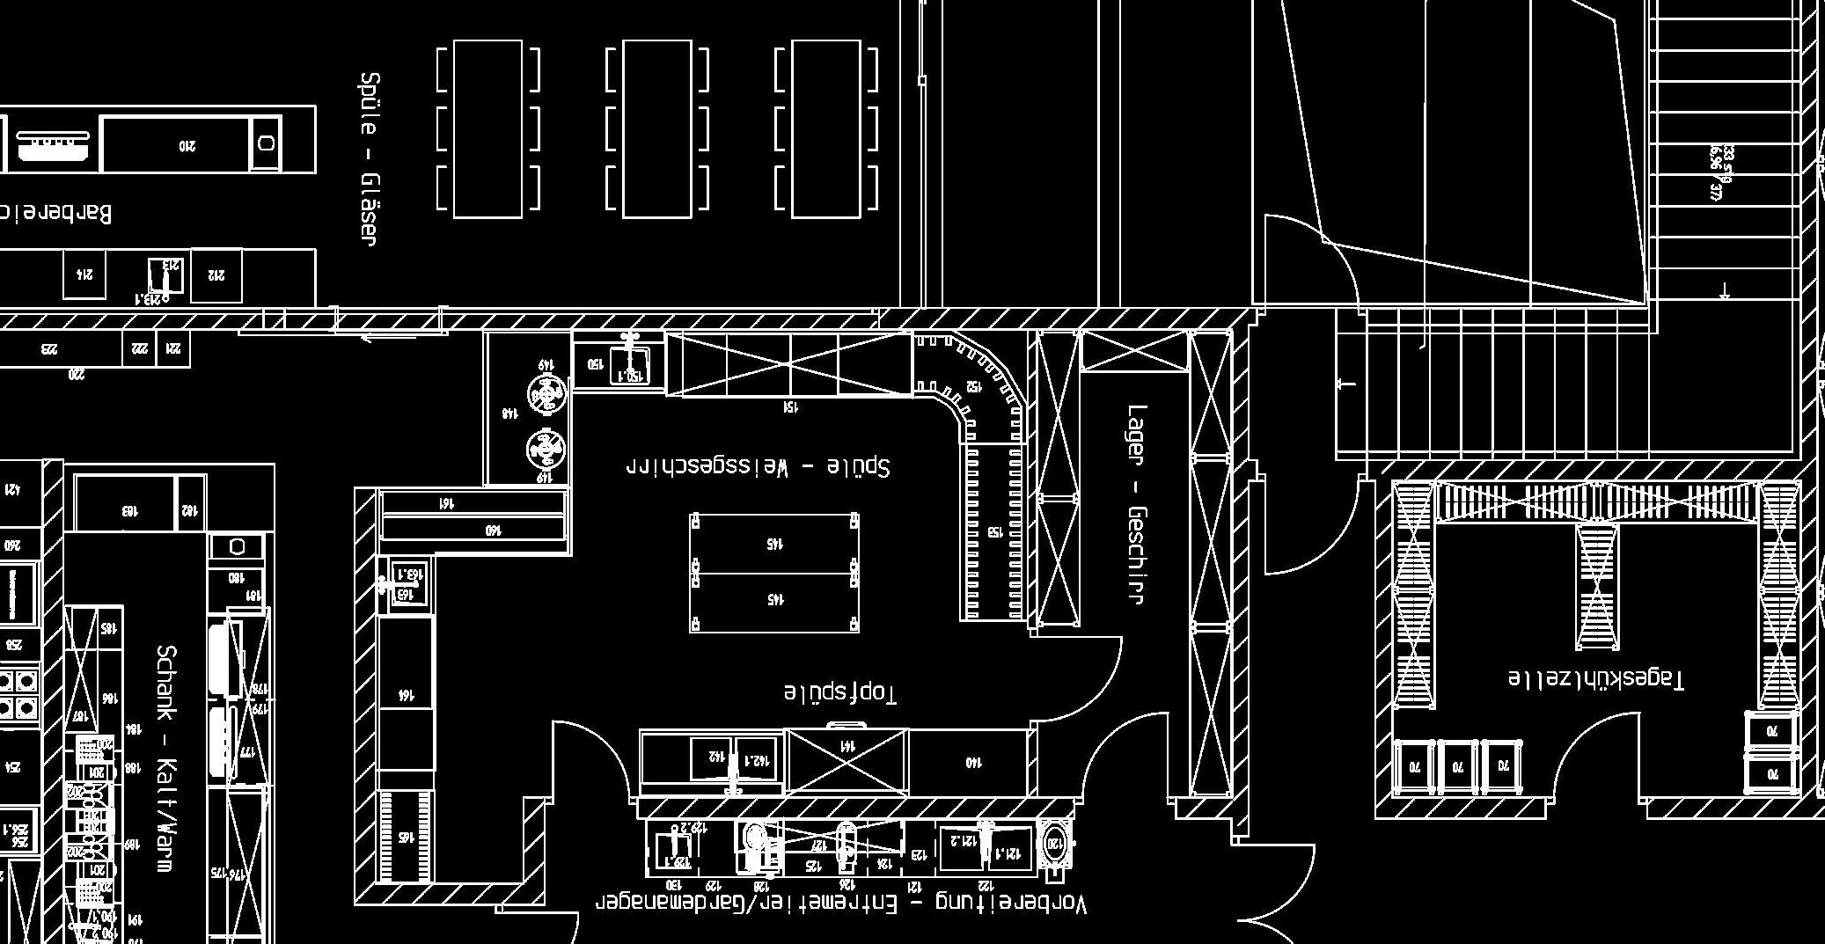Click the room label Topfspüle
pyautogui.click(x=840, y=692)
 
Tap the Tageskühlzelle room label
pyautogui.click(x=1595, y=679)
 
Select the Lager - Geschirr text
pyautogui.click(x=1137, y=503)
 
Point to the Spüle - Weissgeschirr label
pyautogui.click(x=758, y=465)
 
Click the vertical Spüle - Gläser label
pyautogui.click(x=370, y=158)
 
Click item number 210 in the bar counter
pyautogui.click(x=187, y=145)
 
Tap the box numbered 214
pyautogui.click(x=85, y=274)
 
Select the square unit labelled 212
pyautogui.click(x=216, y=275)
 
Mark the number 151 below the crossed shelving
pyautogui.click(x=790, y=407)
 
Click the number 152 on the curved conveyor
pyautogui.click(x=973, y=385)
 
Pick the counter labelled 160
pyautogui.click(x=473, y=529)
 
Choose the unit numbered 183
pyautogui.click(x=128, y=509)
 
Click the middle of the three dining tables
pyautogui.click(x=656, y=128)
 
